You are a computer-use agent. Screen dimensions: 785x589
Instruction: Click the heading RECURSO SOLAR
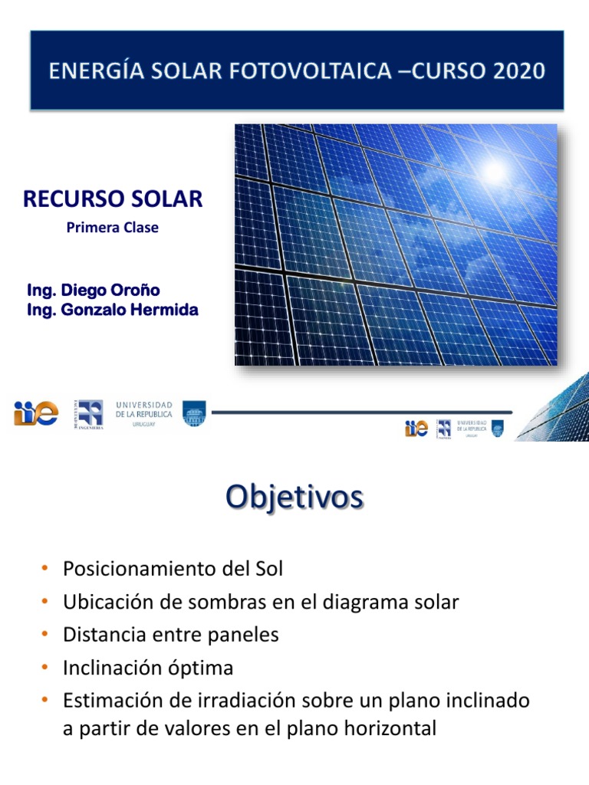click(113, 199)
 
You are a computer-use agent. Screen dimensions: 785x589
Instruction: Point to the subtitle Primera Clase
click(113, 228)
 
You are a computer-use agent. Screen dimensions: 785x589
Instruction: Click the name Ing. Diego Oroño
click(94, 291)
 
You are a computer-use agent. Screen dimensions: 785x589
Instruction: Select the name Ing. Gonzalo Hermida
click(113, 310)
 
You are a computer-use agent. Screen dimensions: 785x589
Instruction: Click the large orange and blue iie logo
click(35, 413)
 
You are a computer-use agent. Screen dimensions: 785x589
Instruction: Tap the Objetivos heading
click(294, 497)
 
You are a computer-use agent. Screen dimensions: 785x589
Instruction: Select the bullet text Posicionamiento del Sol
click(173, 569)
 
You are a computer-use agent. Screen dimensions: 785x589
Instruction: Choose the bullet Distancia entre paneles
click(171, 635)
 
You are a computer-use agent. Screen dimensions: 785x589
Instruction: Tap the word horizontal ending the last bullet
click(392, 729)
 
